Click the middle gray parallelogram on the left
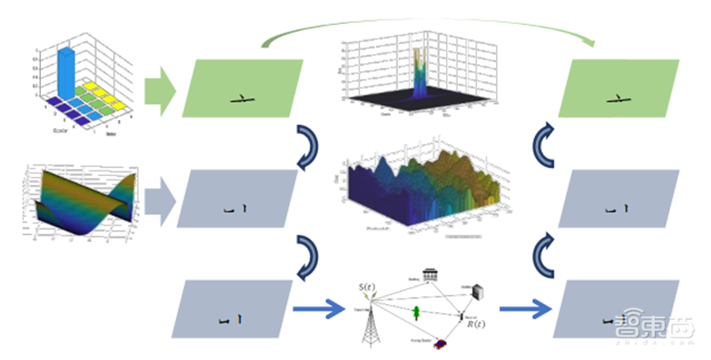tap(238, 199)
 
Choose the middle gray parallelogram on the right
tap(623, 199)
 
